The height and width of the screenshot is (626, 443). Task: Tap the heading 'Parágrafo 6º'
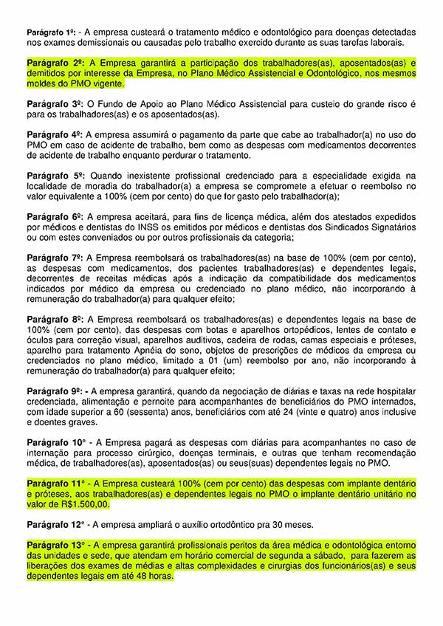pyautogui.click(x=53, y=217)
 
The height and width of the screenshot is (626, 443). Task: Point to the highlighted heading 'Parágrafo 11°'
pyautogui.click(x=56, y=483)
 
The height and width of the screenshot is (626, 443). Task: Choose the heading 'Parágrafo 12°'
pyautogui.click(x=56, y=525)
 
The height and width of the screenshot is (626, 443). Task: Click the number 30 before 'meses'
pyautogui.click(x=285, y=525)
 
